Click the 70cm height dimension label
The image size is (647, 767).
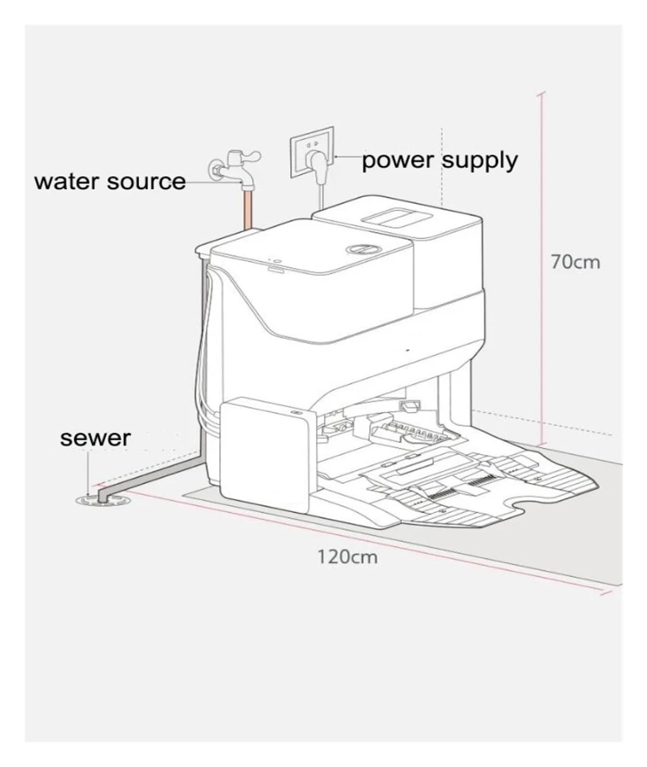click(x=575, y=263)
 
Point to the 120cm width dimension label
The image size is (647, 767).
click(x=347, y=557)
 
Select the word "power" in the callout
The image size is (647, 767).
click(x=398, y=161)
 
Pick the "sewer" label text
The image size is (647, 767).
click(x=95, y=438)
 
